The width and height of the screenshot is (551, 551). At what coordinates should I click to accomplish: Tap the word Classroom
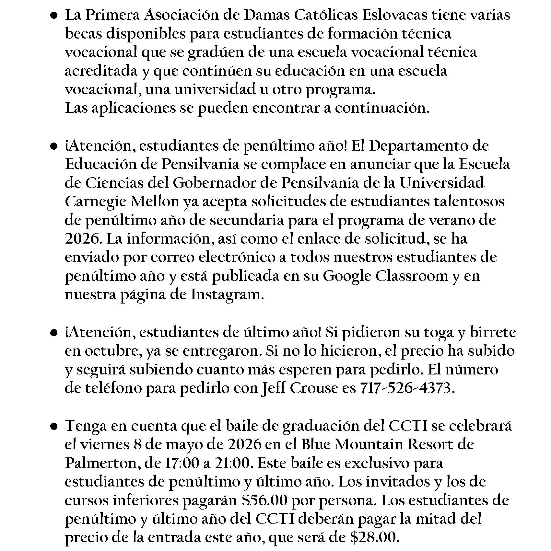[410, 276]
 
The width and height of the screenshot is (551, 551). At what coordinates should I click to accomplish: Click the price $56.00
[264, 501]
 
